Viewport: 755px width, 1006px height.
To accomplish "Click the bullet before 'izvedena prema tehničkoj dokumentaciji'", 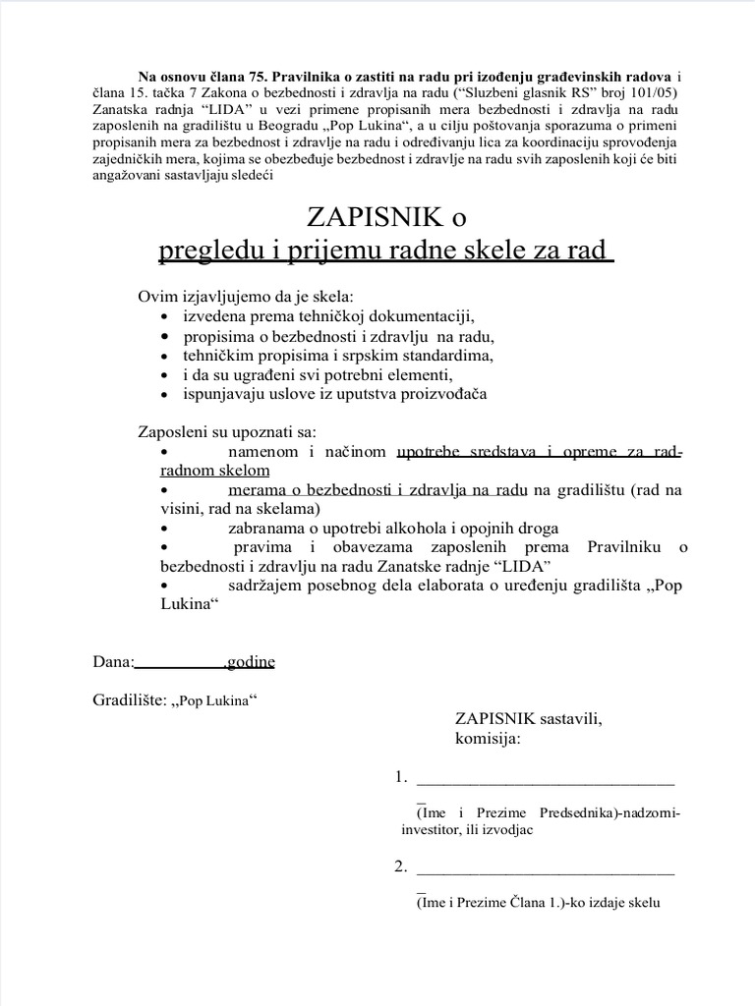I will point(164,317).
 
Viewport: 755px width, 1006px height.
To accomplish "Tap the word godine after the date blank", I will point(252,662).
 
